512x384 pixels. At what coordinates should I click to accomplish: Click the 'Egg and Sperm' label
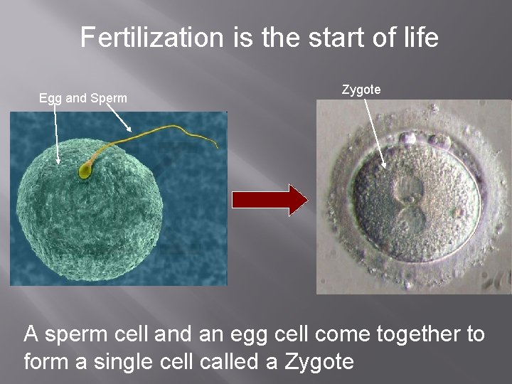coord(83,98)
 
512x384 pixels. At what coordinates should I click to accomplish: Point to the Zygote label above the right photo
coord(361,90)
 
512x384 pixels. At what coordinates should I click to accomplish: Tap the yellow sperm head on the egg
coord(85,171)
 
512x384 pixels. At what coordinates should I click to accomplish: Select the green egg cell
coord(85,213)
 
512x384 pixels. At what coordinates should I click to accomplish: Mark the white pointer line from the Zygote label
coord(375,132)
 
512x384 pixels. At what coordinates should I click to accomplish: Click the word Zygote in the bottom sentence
coord(319,361)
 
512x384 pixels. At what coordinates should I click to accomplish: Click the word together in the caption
coord(407,334)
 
